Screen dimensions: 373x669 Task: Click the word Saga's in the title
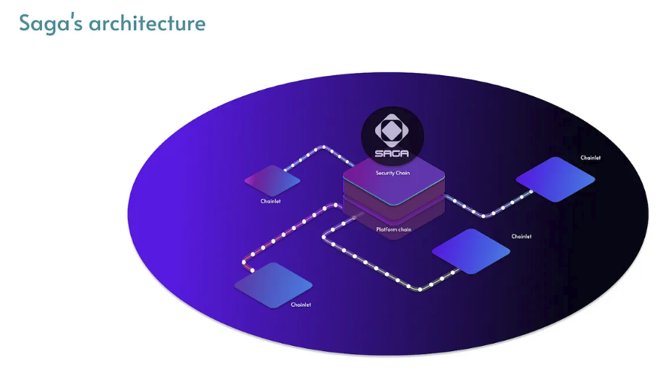(51, 23)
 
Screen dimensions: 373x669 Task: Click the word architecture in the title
(147, 23)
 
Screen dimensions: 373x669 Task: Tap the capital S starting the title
(25, 23)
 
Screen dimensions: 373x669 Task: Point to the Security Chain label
(393, 173)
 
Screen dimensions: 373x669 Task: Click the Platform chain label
(393, 229)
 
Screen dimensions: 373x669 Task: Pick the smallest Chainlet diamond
(273, 180)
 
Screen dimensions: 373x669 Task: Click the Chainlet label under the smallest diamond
(271, 202)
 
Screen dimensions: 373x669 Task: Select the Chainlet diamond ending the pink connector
(273, 285)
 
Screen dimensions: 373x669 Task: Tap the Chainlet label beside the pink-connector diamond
(301, 305)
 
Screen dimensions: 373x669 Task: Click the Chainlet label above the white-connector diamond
(522, 236)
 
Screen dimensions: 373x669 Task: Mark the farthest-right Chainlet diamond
(555, 179)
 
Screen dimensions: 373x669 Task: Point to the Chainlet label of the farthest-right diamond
(591, 158)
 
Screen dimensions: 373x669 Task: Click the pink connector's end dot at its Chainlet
(253, 270)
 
